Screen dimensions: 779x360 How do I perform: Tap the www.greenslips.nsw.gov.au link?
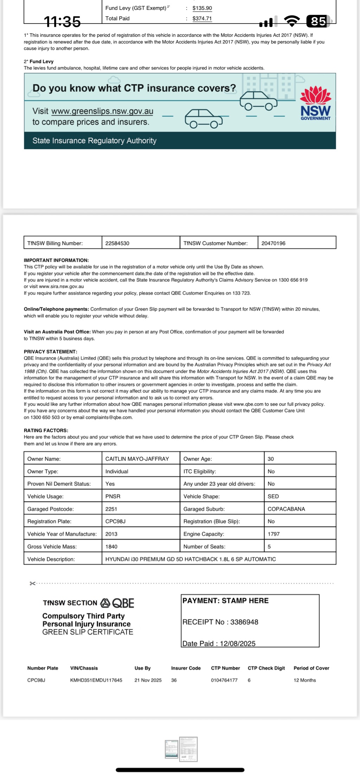click(x=102, y=111)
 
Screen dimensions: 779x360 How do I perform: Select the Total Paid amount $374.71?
click(x=202, y=19)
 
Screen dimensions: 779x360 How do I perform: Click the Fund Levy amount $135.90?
click(x=202, y=8)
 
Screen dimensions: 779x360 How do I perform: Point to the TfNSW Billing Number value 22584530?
click(x=117, y=243)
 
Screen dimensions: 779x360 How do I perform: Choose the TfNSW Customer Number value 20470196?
click(x=274, y=243)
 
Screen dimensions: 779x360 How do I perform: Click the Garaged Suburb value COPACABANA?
click(x=286, y=509)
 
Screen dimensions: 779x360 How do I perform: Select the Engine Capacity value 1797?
click(x=274, y=534)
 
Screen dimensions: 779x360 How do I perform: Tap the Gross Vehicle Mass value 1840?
click(x=111, y=547)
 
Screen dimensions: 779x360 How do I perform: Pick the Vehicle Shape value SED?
click(x=273, y=496)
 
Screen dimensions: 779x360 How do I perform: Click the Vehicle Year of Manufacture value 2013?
click(x=111, y=534)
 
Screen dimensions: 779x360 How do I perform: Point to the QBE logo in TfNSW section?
click(x=117, y=603)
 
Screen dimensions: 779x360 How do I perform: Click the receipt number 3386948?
click(x=244, y=622)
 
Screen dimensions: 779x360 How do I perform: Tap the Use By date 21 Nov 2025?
click(x=148, y=680)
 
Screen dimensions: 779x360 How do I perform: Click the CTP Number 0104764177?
click(x=224, y=680)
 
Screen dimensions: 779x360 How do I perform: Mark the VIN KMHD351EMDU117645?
click(x=96, y=680)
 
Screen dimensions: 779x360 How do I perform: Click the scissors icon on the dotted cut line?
click(x=33, y=584)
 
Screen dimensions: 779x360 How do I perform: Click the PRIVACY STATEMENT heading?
click(x=50, y=352)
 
